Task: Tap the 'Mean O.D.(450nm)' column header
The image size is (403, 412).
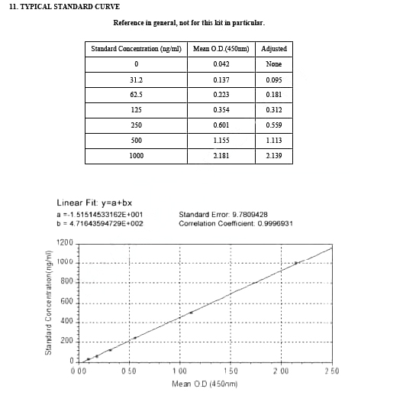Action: pos(221,49)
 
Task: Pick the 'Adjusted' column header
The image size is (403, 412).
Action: pos(274,49)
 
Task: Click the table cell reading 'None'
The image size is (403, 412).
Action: pos(274,64)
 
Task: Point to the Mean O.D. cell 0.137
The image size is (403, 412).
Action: pos(221,79)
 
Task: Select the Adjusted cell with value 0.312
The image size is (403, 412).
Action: pos(274,110)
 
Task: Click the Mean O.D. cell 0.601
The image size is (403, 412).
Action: pos(221,125)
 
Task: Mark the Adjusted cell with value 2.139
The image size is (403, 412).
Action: pos(274,156)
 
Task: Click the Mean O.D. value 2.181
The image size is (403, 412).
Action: pos(221,156)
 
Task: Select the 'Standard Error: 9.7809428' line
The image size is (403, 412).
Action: pos(223,215)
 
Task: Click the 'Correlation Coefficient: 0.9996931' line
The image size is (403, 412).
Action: pos(236,223)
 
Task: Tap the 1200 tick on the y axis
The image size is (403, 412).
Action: pos(65,243)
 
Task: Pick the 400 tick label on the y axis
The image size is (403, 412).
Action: pos(67,322)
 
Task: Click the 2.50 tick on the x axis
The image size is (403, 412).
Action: pos(331,371)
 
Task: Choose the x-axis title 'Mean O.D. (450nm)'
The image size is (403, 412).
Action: pos(205,383)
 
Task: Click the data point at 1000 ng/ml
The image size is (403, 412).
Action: pos(296,263)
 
